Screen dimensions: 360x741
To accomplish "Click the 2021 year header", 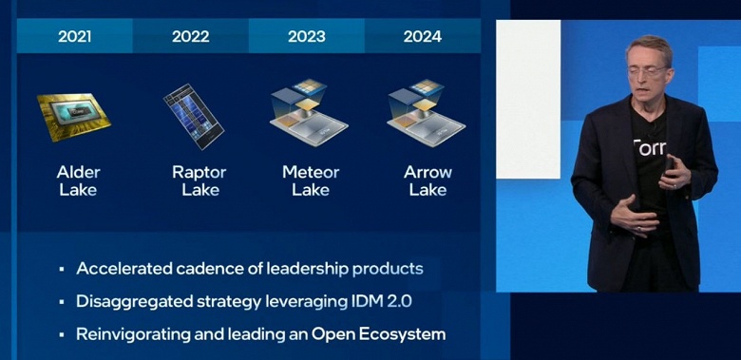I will click(x=75, y=37).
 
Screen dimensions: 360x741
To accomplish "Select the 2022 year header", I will click(x=190, y=37).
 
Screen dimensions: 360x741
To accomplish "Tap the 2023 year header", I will click(x=306, y=37).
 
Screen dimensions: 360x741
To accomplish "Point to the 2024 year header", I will click(x=423, y=37).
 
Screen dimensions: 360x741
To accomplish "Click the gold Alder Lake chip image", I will click(x=73, y=116).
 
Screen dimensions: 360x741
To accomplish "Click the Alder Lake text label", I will click(x=77, y=180).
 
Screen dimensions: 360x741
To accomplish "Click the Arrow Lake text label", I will click(x=427, y=180).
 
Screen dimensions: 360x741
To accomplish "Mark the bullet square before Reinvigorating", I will click(x=62, y=335).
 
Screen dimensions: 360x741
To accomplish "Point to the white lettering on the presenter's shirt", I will click(x=652, y=147).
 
